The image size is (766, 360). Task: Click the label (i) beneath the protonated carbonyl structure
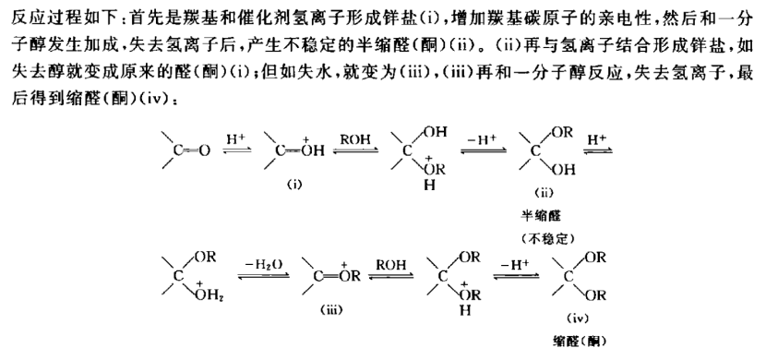294,185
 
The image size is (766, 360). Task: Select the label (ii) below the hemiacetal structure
544,192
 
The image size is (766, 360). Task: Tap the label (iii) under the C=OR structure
331,309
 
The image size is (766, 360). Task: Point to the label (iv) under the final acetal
578,319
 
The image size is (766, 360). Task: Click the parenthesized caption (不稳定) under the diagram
546,239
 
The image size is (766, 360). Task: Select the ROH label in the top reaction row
355,138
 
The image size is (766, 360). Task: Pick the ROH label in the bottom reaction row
390,265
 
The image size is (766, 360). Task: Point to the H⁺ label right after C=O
235,138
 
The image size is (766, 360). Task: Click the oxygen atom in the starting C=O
204,151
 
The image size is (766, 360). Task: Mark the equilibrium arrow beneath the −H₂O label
264,276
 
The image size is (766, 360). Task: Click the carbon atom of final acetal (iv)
569,277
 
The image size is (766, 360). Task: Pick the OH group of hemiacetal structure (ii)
564,170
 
